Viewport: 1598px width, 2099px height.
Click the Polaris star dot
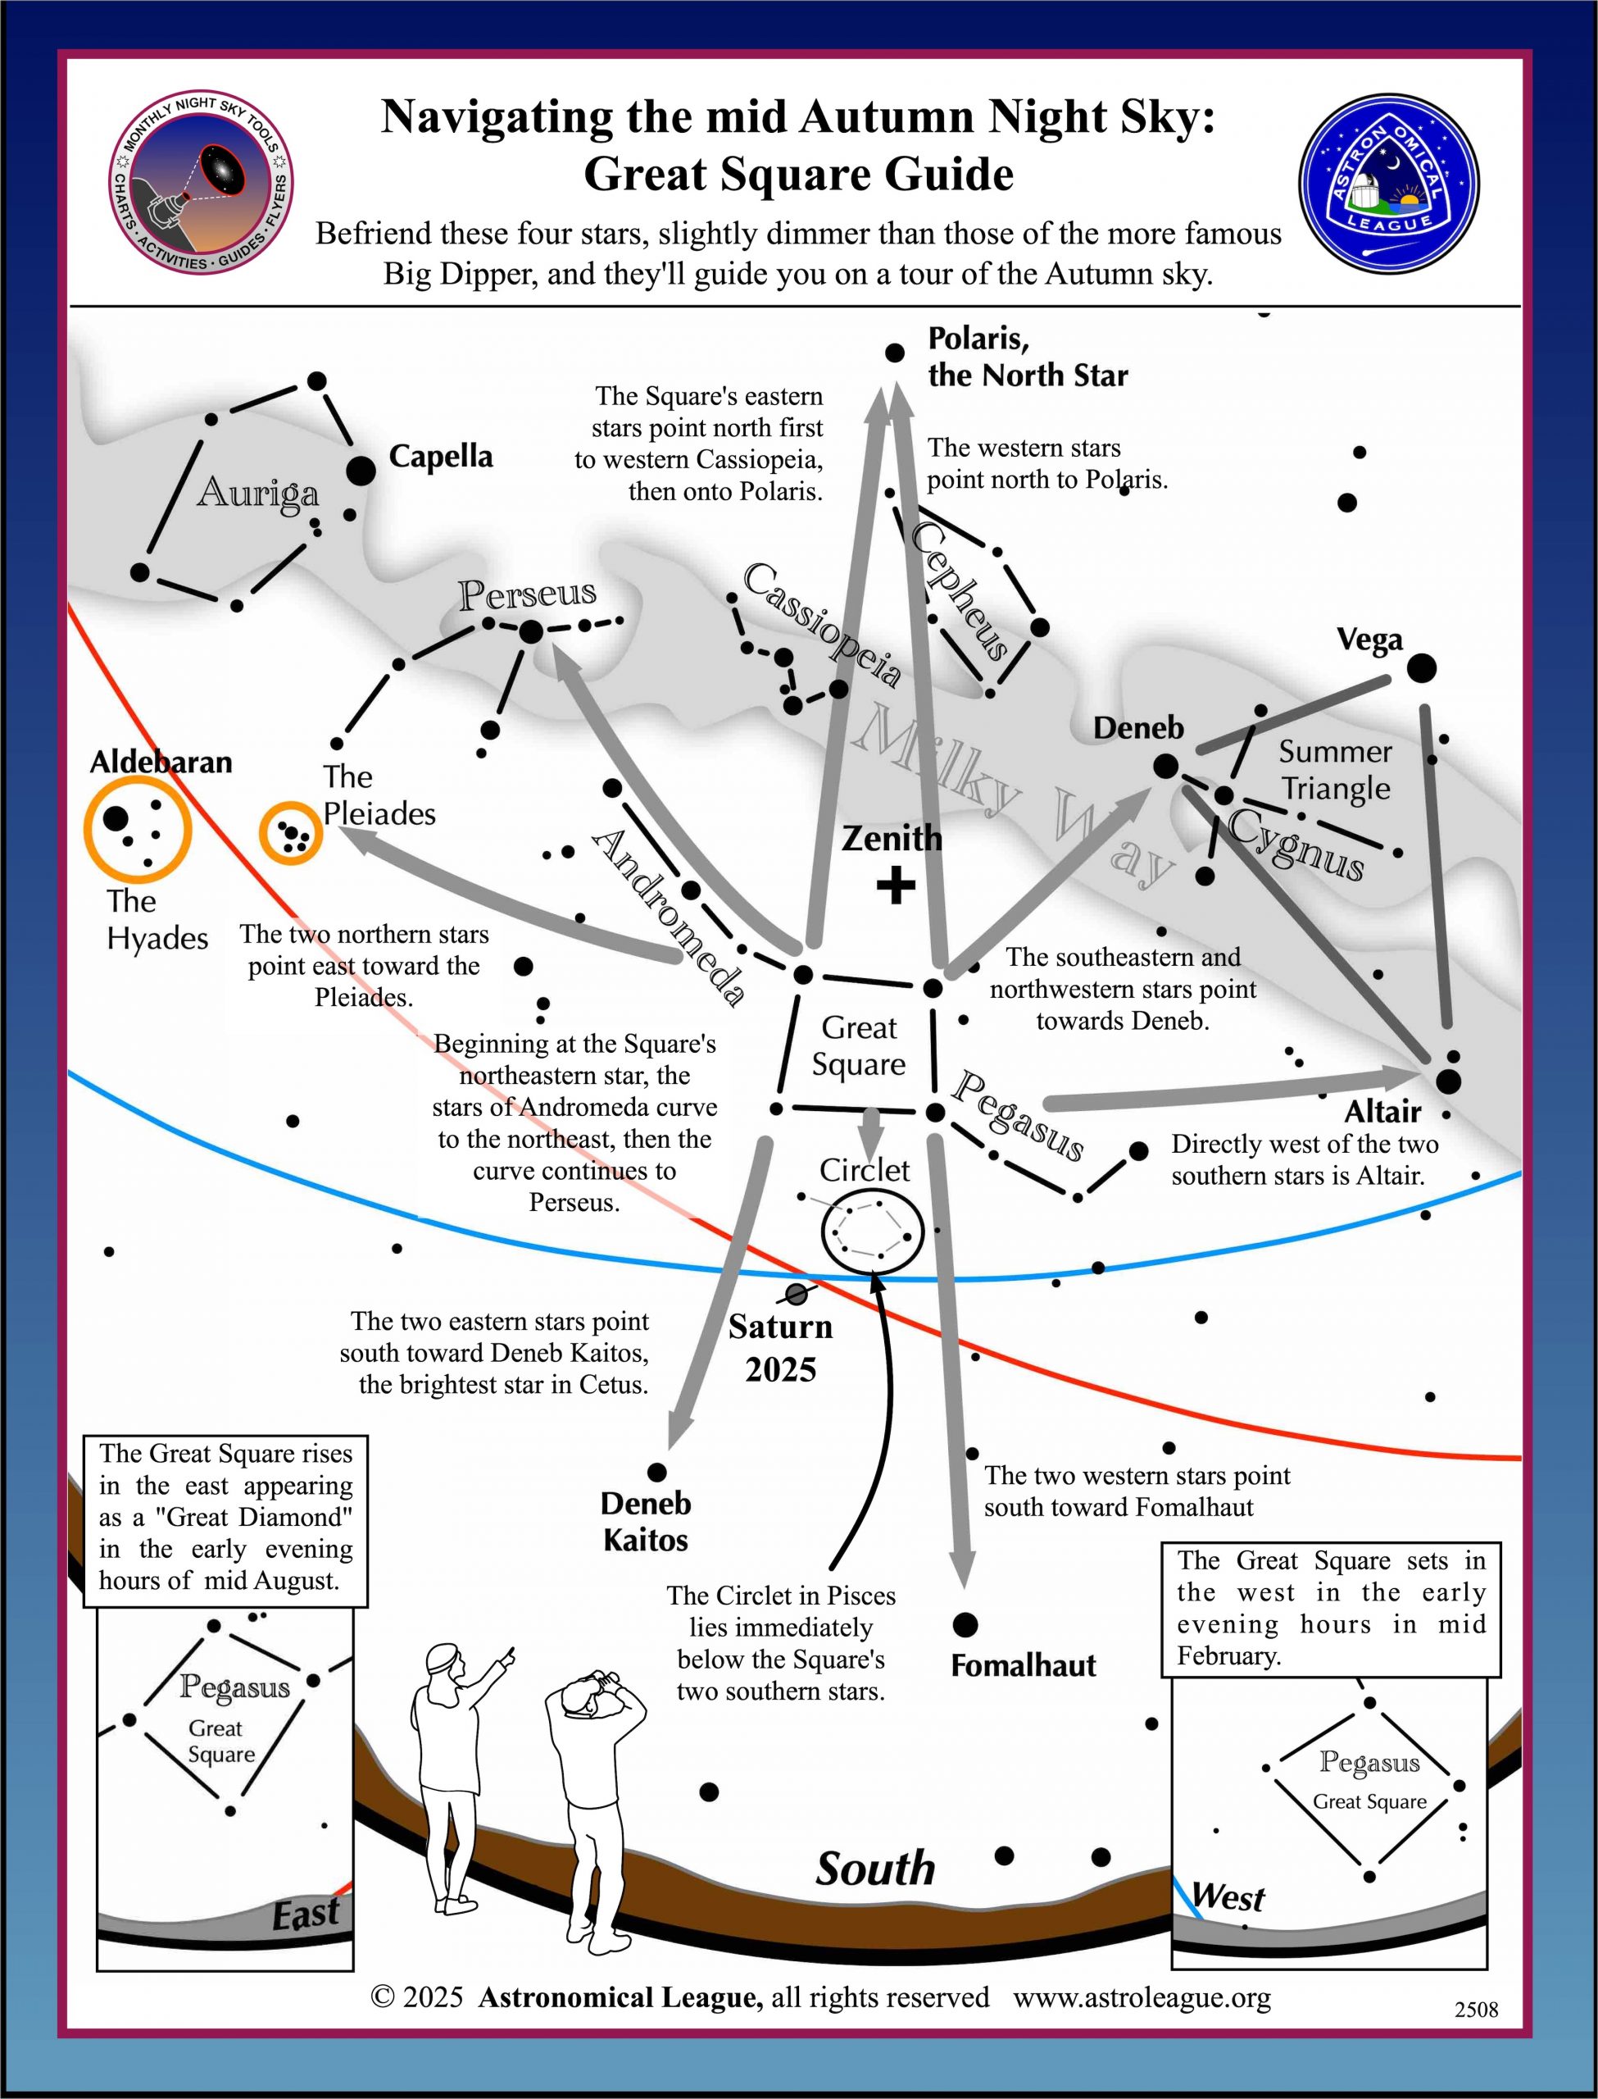[x=894, y=353]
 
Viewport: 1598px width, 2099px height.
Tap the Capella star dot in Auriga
[x=361, y=470]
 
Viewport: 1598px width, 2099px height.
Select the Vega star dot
[x=1421, y=668]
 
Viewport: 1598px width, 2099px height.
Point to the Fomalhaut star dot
[x=965, y=1624]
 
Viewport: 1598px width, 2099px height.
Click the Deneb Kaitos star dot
[x=656, y=1473]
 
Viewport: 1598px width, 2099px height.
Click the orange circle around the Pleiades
[x=291, y=834]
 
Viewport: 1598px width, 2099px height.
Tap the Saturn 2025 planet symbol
[x=797, y=1294]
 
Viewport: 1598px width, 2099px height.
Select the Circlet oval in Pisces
[x=872, y=1232]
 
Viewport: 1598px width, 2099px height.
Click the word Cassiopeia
[x=822, y=625]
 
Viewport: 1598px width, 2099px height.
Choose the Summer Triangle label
[x=1334, y=770]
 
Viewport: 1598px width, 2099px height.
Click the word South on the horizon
[x=875, y=1868]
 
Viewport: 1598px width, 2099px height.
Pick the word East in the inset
[x=306, y=1914]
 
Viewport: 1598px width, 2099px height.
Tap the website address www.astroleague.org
[x=1142, y=1997]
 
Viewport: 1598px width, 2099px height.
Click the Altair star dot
[x=1448, y=1081]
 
